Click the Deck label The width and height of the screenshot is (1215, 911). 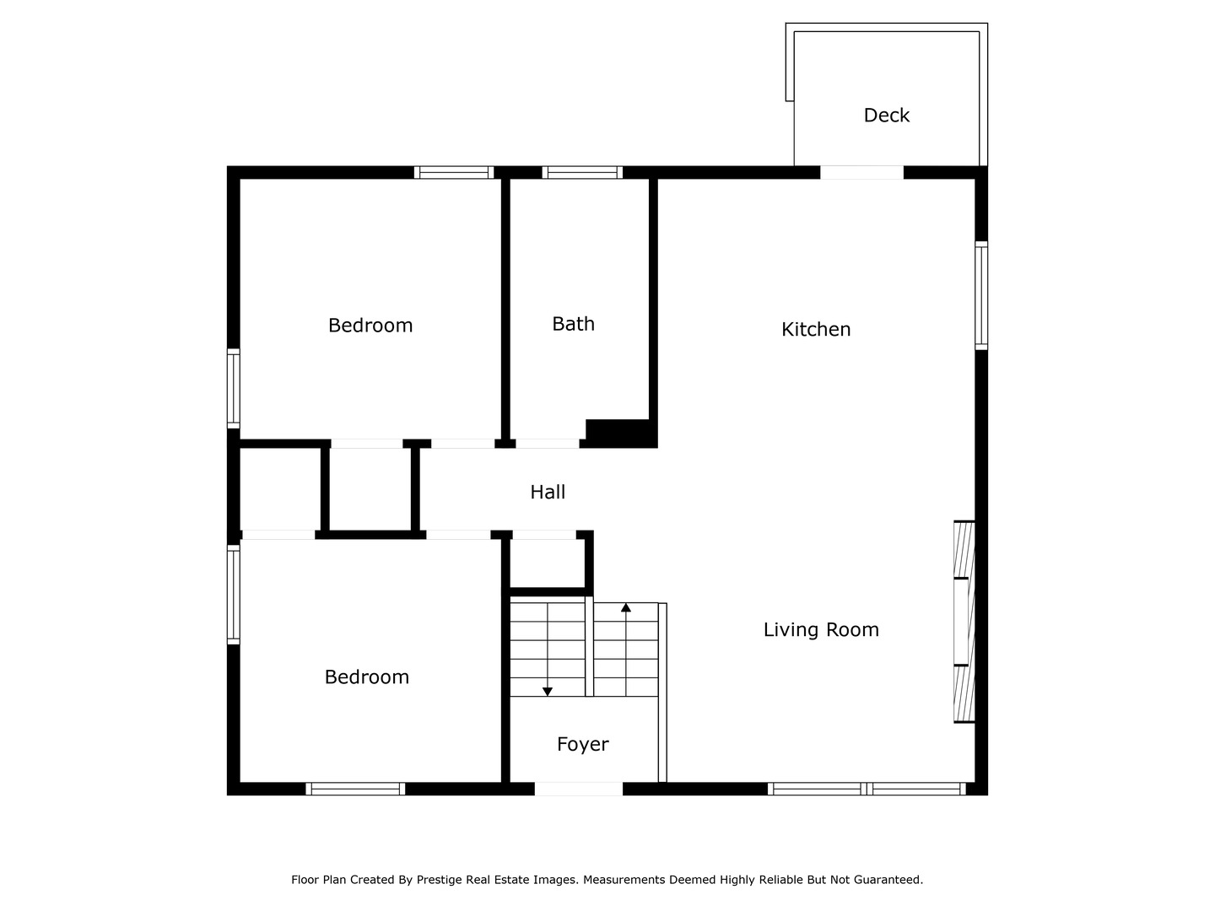click(x=886, y=116)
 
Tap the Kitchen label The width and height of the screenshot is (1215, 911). click(x=816, y=330)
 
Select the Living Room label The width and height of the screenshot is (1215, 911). click(x=821, y=630)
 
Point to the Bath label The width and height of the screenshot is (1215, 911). click(x=573, y=324)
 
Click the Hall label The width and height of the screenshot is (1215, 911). click(x=548, y=493)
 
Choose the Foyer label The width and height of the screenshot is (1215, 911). click(x=582, y=744)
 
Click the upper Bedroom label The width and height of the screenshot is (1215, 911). click(x=370, y=326)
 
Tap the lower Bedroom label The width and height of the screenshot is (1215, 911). click(x=367, y=677)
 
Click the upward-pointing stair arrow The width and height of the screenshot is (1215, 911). click(x=625, y=607)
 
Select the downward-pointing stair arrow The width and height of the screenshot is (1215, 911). click(x=548, y=691)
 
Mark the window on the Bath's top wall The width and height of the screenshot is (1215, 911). click(x=582, y=173)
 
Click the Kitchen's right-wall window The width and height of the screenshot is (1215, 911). click(x=981, y=295)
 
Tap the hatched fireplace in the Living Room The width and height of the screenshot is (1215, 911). click(x=964, y=622)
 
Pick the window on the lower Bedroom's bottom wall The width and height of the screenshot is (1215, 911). click(x=355, y=789)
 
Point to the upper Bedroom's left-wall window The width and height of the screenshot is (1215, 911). click(x=234, y=388)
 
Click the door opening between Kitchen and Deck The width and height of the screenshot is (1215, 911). click(x=861, y=173)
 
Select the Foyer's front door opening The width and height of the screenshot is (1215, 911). click(x=579, y=789)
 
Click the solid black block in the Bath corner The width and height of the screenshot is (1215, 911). click(x=620, y=432)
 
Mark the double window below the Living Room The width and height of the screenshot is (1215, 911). click(x=867, y=789)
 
